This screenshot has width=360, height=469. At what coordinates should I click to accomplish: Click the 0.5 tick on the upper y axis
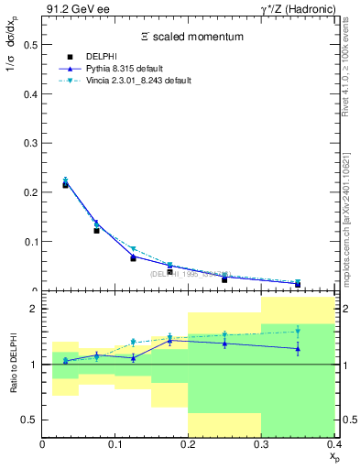click(x=30, y=43)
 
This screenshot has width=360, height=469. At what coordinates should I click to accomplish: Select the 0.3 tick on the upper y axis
click(x=30, y=142)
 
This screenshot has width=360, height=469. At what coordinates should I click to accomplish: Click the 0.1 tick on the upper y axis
click(x=30, y=242)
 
